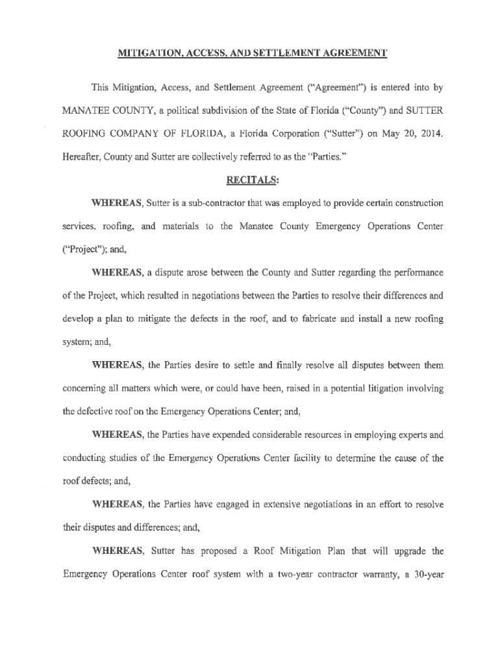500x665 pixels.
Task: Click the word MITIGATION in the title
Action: pos(140,53)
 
